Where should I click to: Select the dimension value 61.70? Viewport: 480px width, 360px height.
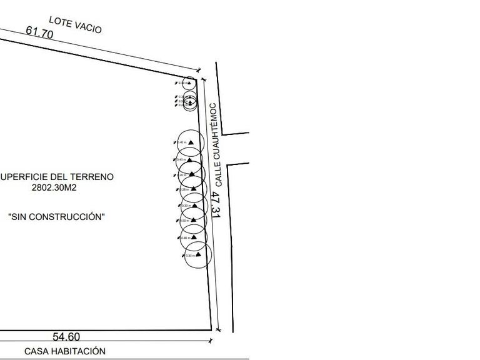[x=39, y=32]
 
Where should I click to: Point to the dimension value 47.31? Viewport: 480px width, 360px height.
[x=216, y=205]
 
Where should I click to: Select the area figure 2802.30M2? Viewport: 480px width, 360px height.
[x=57, y=187]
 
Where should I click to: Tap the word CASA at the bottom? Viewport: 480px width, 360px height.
[x=36, y=351]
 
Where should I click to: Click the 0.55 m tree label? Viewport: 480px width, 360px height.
[x=185, y=221]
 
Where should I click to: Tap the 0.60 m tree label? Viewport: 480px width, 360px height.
[x=185, y=237]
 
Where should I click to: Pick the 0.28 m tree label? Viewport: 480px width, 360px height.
[x=184, y=190]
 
